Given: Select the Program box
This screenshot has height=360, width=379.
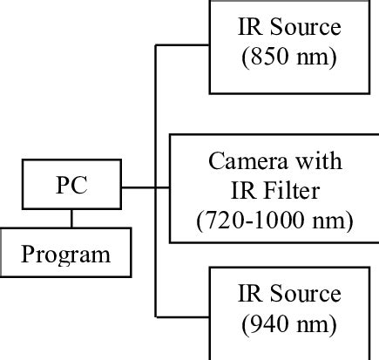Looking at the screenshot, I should pos(66,254).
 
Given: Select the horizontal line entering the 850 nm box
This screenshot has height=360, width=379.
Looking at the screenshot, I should pos(183,45).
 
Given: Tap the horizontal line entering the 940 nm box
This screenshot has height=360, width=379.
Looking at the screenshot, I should pos(183,315).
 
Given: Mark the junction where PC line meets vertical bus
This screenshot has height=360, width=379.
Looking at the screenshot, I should pos(156,187).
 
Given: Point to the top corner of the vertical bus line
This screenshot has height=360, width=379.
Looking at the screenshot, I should pos(156,45).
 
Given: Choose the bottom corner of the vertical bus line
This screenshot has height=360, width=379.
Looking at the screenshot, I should pos(156,315).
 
